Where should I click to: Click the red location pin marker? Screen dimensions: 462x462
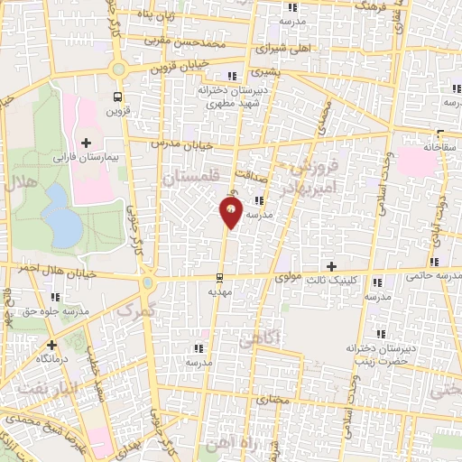point(231,212)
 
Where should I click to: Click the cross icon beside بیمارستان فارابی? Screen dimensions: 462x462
point(87,143)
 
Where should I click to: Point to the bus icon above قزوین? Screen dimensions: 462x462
point(117,97)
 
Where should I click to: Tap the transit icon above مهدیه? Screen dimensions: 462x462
point(221,278)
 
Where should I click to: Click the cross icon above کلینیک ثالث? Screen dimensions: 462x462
point(332,266)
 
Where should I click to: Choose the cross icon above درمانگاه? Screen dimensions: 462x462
point(51,344)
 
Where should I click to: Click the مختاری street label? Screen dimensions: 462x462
point(271,398)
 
